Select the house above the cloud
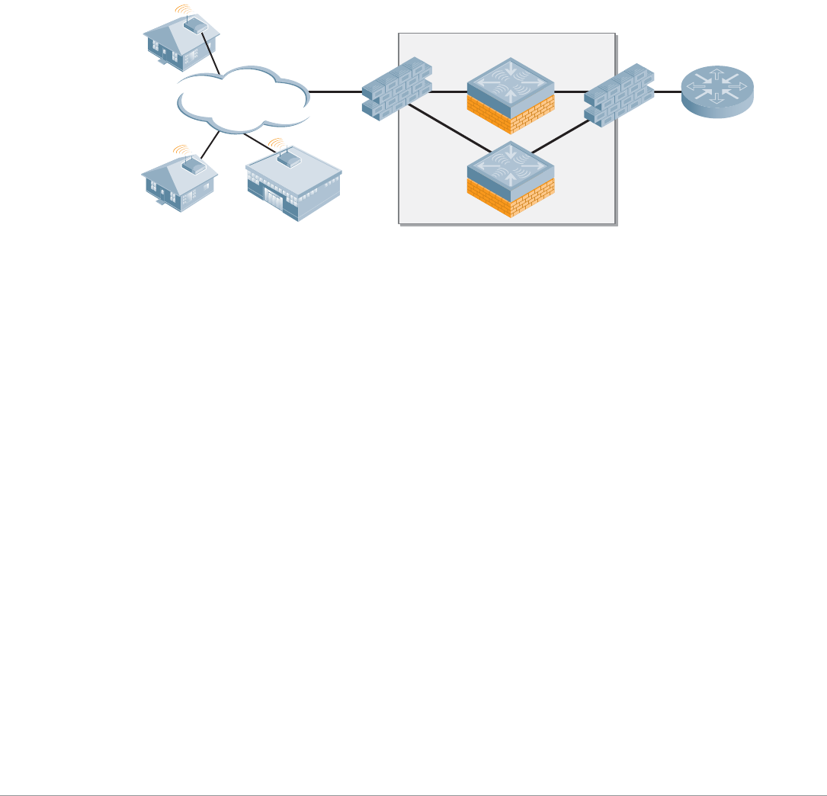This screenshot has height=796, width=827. (x=181, y=42)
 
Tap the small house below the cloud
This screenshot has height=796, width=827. (x=179, y=183)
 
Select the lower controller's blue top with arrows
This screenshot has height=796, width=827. (x=511, y=164)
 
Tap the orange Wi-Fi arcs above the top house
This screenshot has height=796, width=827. (x=181, y=9)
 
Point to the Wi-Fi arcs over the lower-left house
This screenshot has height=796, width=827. (x=181, y=149)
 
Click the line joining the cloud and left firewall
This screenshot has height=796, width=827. (x=335, y=91)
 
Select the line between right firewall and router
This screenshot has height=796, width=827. (x=668, y=91)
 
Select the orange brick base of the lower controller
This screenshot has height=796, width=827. (x=511, y=200)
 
